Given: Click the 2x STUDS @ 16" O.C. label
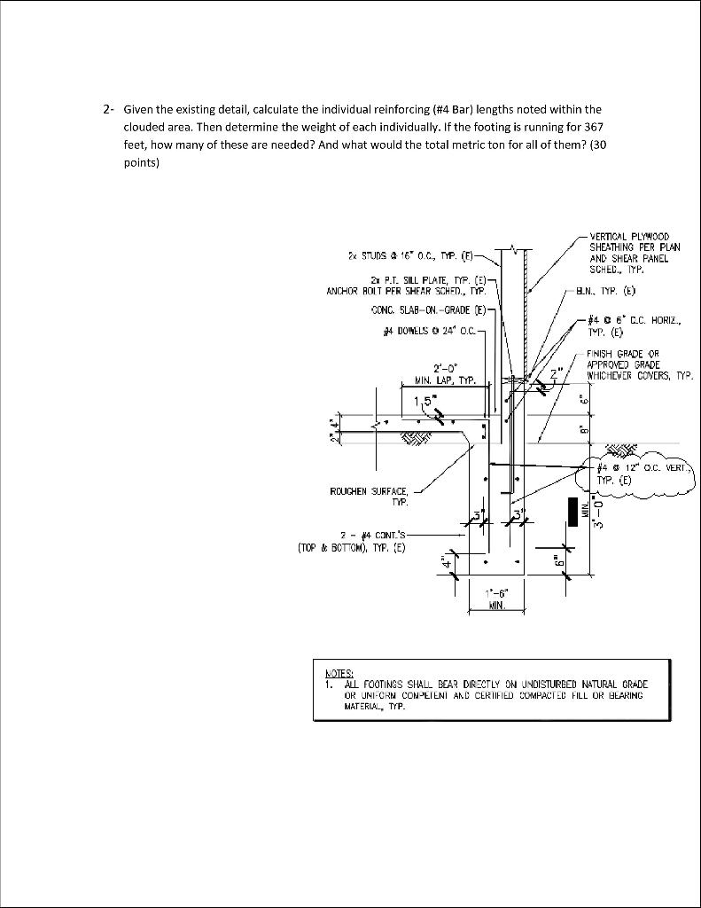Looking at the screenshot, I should (x=413, y=256).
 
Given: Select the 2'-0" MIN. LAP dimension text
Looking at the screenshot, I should (x=446, y=373).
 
